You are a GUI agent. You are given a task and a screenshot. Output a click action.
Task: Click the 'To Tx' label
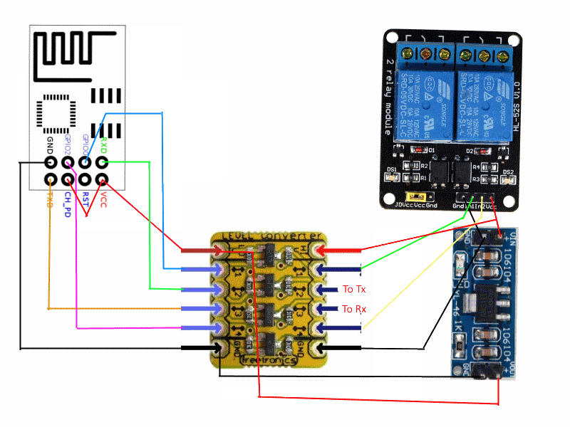click(x=354, y=290)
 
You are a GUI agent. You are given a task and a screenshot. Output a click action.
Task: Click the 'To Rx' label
click(x=354, y=309)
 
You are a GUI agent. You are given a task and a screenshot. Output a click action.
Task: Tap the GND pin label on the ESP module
click(x=50, y=147)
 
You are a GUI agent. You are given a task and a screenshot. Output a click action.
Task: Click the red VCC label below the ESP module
click(x=104, y=196)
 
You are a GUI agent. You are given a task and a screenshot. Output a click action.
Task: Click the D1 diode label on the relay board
click(x=432, y=151)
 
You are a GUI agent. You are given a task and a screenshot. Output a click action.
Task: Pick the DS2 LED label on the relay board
click(x=507, y=172)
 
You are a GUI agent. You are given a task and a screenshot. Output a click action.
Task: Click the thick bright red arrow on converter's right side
click(x=341, y=250)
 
